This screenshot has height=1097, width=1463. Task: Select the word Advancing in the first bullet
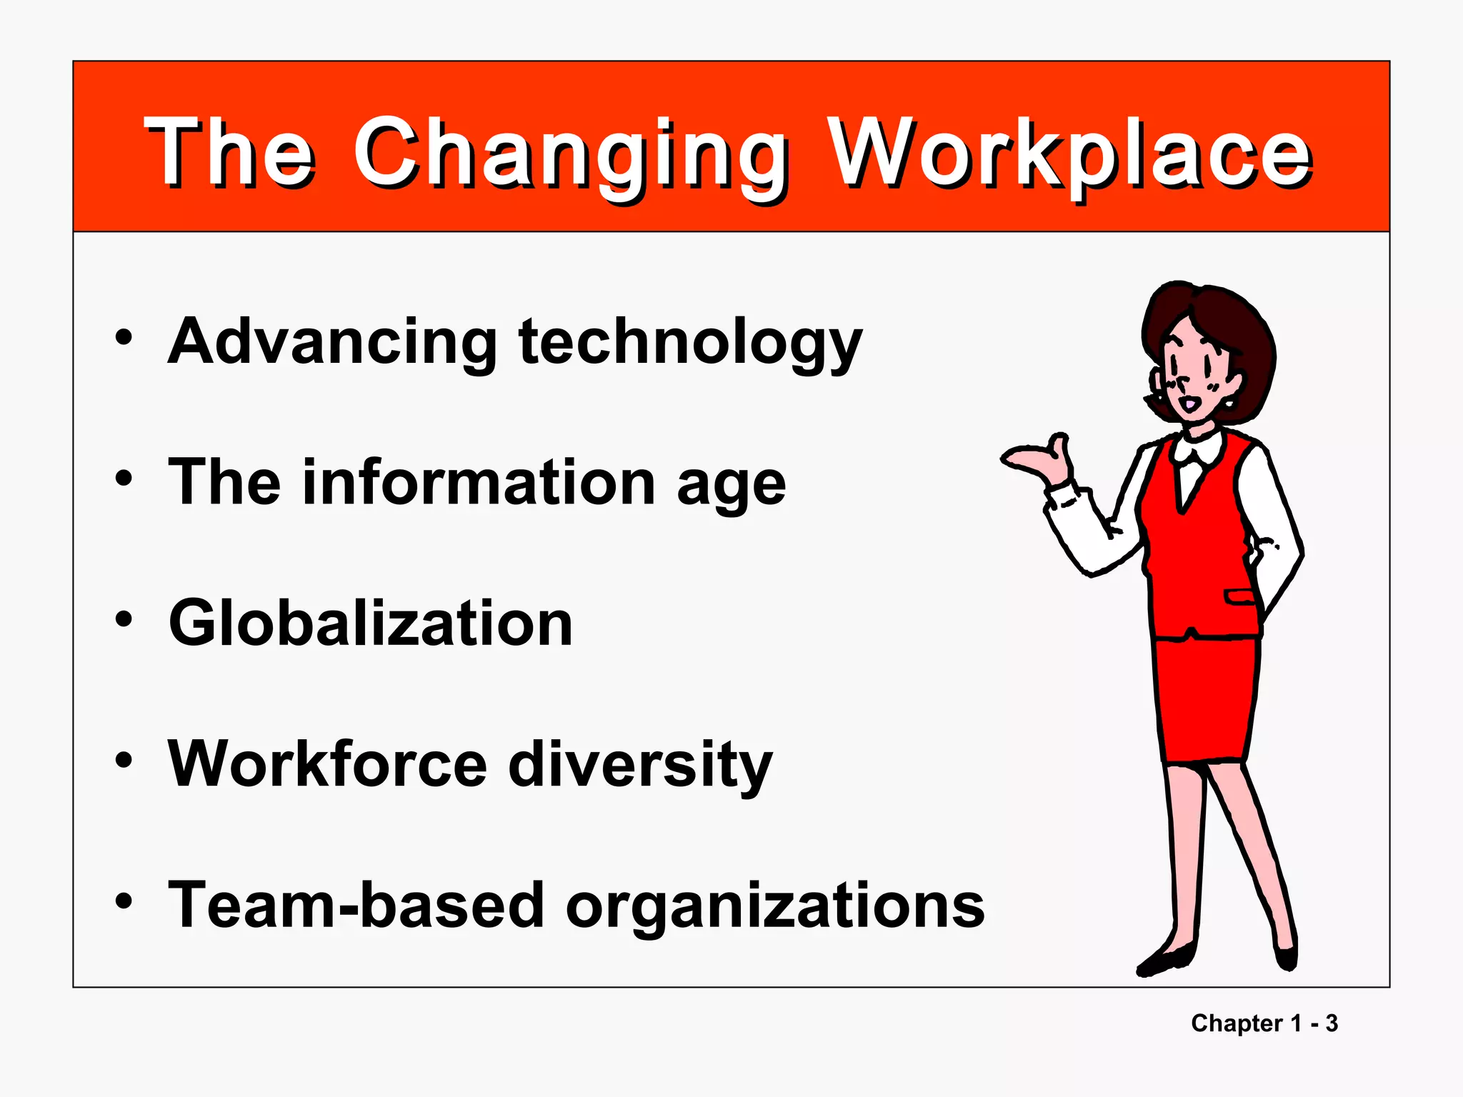pos(332,343)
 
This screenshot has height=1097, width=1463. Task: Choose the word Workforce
pos(327,764)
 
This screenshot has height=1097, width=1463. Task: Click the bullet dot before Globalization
pos(124,619)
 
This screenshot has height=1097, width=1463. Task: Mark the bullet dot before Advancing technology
pos(124,338)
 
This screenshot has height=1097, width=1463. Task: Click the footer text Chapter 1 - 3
pos(1264,1023)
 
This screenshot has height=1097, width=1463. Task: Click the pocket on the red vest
pos(1240,596)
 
